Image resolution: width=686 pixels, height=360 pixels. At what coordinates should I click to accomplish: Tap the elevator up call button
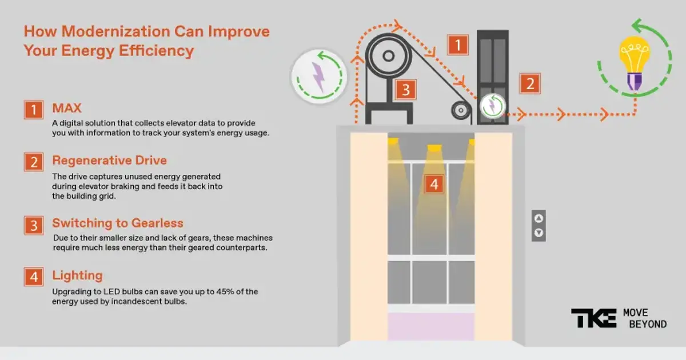pyautogui.click(x=539, y=218)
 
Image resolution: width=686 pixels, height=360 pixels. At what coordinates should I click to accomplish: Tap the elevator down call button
pyautogui.click(x=539, y=233)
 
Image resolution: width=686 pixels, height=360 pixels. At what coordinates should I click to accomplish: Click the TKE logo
pyautogui.click(x=593, y=318)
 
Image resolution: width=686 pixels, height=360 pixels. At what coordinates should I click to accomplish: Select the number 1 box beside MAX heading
pyautogui.click(x=34, y=110)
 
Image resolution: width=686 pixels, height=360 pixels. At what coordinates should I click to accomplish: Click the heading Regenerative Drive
pyautogui.click(x=109, y=160)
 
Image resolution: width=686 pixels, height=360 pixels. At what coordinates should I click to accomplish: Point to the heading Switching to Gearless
pyautogui.click(x=117, y=223)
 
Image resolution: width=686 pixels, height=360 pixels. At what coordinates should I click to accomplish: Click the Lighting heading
pyautogui.click(x=77, y=275)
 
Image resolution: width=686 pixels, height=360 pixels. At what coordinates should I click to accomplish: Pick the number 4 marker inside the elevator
pyautogui.click(x=434, y=184)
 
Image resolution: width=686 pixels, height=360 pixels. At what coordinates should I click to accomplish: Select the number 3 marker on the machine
pyautogui.click(x=405, y=90)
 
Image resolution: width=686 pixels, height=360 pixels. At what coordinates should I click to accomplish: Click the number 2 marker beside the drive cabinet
pyautogui.click(x=529, y=84)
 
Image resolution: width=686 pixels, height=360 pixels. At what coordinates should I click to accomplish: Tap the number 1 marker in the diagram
pyautogui.click(x=458, y=45)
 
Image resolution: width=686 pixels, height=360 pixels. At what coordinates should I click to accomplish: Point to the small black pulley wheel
pyautogui.click(x=459, y=109)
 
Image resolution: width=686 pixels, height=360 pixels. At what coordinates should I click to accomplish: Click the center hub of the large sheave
pyautogui.click(x=388, y=56)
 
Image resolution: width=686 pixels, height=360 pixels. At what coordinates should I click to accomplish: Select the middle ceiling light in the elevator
pyautogui.click(x=434, y=149)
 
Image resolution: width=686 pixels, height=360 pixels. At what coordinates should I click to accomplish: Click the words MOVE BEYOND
pyautogui.click(x=644, y=318)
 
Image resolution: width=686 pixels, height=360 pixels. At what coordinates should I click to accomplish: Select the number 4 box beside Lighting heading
pyautogui.click(x=34, y=277)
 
